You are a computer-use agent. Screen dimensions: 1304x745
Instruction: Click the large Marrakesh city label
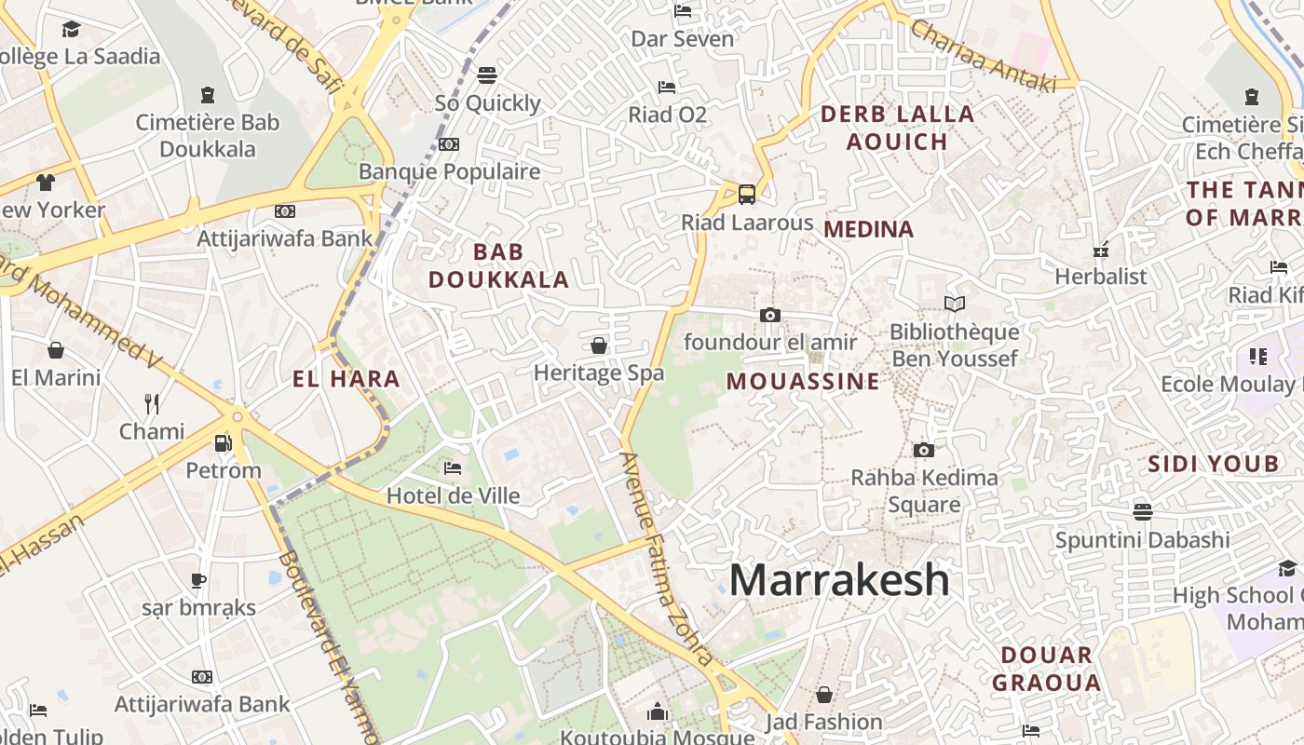point(839,580)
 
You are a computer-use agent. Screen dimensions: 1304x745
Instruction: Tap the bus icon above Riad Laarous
point(747,194)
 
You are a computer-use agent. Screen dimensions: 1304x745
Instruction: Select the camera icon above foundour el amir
point(769,315)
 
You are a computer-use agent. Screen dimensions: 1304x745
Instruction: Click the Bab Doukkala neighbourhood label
point(498,265)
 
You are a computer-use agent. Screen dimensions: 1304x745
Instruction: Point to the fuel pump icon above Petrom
point(223,442)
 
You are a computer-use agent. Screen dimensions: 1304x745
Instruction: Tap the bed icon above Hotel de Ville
point(453,467)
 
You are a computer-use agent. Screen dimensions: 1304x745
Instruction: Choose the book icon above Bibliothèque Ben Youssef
point(954,304)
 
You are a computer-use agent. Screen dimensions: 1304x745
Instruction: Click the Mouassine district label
point(803,381)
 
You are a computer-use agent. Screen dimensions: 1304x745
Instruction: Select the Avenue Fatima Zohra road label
point(668,559)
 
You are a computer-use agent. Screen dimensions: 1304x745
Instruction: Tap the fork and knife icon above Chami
point(152,403)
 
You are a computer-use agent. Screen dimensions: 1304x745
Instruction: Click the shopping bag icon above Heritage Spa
point(599,345)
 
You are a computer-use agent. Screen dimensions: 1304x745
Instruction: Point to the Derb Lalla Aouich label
point(897,128)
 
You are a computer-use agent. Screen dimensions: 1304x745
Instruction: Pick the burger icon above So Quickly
point(487,74)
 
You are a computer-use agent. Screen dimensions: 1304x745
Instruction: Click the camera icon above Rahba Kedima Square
point(924,450)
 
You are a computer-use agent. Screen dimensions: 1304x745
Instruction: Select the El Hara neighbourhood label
point(346,379)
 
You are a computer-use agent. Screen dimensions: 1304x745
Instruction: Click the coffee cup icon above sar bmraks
point(198,580)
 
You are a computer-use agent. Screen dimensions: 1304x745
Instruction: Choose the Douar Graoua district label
point(1046,669)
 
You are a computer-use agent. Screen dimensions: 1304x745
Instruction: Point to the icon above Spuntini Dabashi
point(1143,511)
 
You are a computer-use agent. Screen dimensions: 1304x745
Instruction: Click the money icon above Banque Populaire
point(449,144)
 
